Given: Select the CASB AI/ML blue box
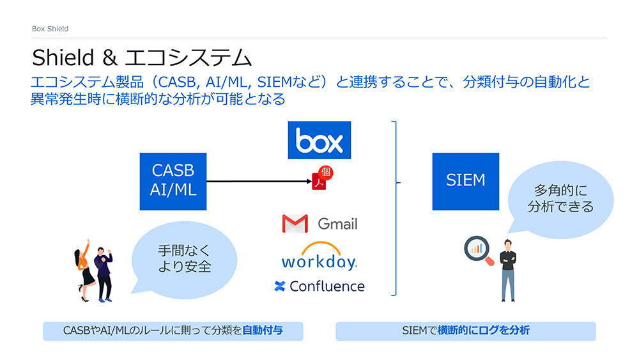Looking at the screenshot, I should click(x=173, y=181).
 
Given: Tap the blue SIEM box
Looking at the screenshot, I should click(x=465, y=181).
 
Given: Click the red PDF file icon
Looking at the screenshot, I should click(x=318, y=182).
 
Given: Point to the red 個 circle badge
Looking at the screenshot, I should click(x=327, y=173).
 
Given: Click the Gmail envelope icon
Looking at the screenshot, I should click(x=295, y=224).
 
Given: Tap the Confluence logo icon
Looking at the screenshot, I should click(x=279, y=286).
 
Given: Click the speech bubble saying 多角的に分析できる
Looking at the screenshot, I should click(x=560, y=198).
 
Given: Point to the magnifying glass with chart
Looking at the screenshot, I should click(x=478, y=251).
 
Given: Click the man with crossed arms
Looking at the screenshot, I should click(x=507, y=269).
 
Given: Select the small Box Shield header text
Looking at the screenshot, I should click(x=50, y=29).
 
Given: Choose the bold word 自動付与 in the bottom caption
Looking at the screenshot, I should click(x=263, y=331).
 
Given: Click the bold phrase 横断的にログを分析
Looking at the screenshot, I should click(x=483, y=331).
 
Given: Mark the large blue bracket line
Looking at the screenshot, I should click(x=396, y=208).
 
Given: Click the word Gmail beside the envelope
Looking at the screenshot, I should click(x=337, y=224).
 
